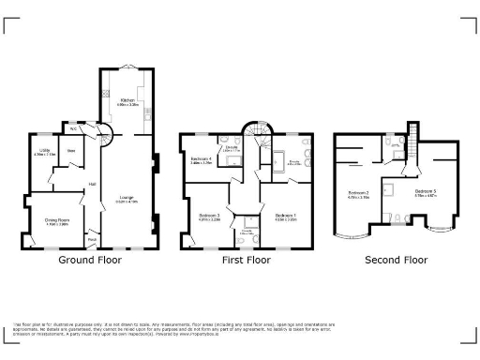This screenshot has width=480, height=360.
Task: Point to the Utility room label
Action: [x=44, y=152]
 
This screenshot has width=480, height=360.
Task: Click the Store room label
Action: [x=70, y=150]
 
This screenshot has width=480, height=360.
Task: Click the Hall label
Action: [x=92, y=184]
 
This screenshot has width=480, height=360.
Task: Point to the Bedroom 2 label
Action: [x=357, y=193]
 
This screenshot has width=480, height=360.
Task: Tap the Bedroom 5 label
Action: [x=426, y=192]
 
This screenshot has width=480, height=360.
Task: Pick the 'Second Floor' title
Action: [x=396, y=260]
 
